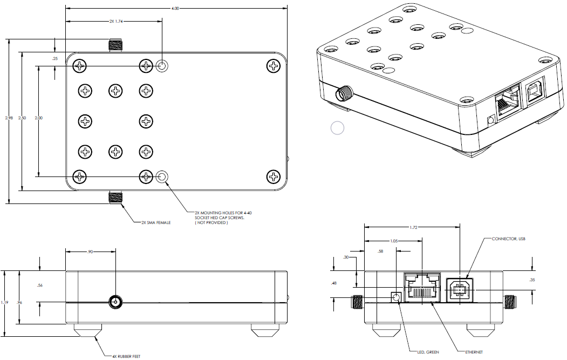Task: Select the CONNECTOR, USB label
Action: (x=509, y=238)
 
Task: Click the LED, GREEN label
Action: (x=427, y=352)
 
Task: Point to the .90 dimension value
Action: (x=90, y=251)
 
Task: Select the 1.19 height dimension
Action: (x=4, y=303)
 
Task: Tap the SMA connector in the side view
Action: (x=115, y=301)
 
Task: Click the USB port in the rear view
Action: (x=459, y=290)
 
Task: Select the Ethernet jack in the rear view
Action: (x=422, y=288)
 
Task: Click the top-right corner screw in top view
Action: (x=274, y=66)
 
